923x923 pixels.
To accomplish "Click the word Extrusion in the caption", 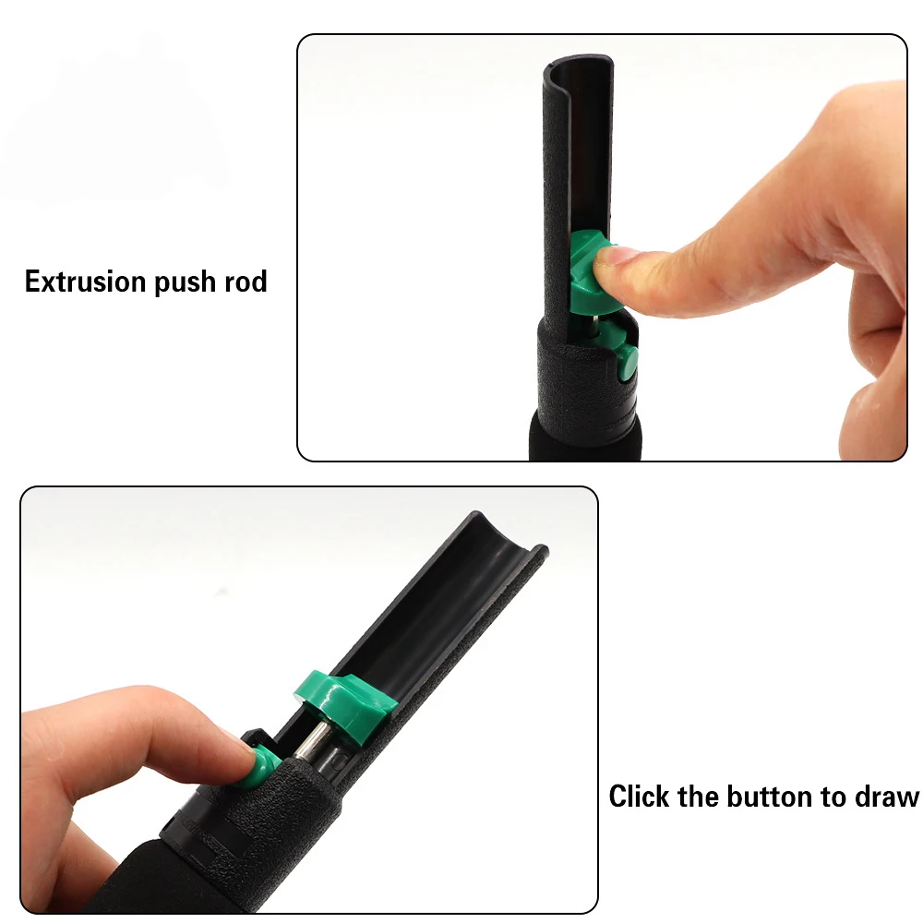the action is (86, 281).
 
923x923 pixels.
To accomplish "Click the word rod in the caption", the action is (246, 281).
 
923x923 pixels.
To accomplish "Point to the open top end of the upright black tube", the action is (578, 62).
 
